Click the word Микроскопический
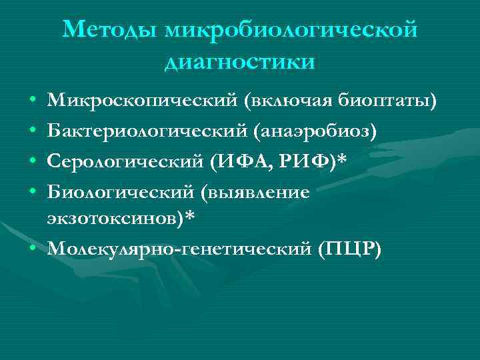click(142, 101)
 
